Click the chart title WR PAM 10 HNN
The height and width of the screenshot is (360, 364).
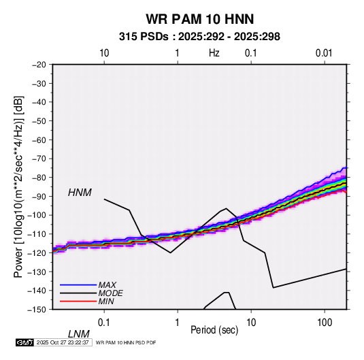[200, 19]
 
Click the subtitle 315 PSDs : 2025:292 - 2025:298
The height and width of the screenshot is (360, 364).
[199, 37]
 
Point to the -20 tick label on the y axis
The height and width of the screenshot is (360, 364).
[39, 65]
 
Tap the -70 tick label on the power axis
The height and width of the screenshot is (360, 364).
[39, 159]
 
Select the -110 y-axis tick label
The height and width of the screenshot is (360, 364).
[37, 234]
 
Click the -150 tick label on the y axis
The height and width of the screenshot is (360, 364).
[37, 310]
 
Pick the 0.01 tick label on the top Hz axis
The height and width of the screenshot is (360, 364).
[324, 53]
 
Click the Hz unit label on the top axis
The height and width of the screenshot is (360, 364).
[214, 53]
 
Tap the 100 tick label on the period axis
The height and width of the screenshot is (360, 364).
[325, 322]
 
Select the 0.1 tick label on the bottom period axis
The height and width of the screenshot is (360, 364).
[104, 322]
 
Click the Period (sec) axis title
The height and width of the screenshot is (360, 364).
[214, 330]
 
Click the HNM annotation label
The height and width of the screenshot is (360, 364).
[80, 193]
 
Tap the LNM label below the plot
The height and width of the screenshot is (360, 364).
[79, 334]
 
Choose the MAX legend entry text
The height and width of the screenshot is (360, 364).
[107, 285]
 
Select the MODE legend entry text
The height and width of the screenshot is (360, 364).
[110, 293]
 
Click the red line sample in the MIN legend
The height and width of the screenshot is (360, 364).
[78, 301]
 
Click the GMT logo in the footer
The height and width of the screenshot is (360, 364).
[24, 342]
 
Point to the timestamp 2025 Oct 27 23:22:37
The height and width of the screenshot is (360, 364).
[63, 342]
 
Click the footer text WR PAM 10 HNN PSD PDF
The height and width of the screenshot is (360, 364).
[126, 342]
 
